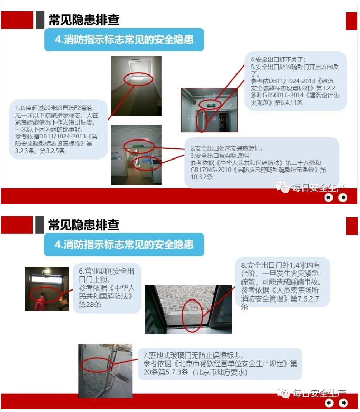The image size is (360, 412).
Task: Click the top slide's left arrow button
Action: [x=329, y=198]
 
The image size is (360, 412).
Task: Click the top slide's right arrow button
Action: [x=343, y=198]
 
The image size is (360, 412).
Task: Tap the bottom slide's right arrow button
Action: [x=344, y=402]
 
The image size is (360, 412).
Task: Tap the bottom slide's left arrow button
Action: [x=329, y=402]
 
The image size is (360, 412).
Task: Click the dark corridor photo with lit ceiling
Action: [x=136, y=86]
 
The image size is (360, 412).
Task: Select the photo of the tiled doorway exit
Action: [x=209, y=110]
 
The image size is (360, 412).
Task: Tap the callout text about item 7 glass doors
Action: [x=220, y=363]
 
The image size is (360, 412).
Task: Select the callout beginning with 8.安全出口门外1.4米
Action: [x=282, y=282]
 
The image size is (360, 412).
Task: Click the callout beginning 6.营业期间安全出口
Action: [x=107, y=288]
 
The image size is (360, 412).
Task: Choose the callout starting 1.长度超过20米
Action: [x=58, y=129]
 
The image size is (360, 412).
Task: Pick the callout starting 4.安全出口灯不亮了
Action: [x=296, y=81]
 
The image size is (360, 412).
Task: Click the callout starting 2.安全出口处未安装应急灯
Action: [x=261, y=162]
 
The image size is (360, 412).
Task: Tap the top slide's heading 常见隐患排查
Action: [x=84, y=20]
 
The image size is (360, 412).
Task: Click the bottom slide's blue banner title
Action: [x=124, y=245]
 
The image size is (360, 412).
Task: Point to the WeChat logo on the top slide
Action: [x=282, y=187]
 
